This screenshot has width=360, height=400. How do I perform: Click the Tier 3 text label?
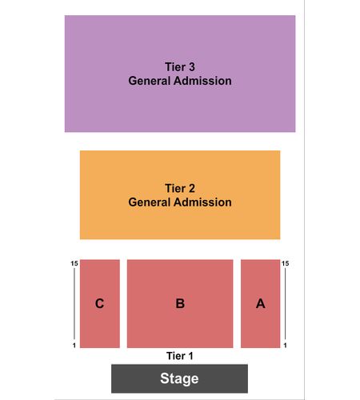coord(180,67)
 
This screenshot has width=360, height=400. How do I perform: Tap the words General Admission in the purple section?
coord(180,81)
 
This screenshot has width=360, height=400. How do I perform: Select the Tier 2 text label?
coord(180,188)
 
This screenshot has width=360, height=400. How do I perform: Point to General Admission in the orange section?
coord(180,202)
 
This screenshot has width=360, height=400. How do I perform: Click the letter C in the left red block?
coord(99,303)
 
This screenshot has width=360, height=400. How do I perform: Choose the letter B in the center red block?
coord(180,303)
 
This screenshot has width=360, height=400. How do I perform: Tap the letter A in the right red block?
coord(261,303)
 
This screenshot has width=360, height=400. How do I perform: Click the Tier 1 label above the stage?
coord(180,356)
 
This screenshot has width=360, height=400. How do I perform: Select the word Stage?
coord(179,378)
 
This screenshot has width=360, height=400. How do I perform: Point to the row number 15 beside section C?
coord(74,263)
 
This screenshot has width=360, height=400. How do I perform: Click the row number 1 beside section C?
coord(74,346)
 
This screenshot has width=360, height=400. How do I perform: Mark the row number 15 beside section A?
coord(285,263)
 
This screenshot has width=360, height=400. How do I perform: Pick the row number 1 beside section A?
coord(285,346)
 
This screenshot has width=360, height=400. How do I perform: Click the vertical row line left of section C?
coord(74,304)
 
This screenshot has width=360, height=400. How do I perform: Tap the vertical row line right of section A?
coord(285,304)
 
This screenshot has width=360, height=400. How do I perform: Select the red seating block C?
coord(100,304)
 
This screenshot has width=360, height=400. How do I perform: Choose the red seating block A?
coord(261,304)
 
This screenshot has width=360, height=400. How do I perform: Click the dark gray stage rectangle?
coord(179,378)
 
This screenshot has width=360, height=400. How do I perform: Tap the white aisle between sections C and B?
coord(123,304)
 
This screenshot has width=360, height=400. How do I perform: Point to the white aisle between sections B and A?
coord(237,304)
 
